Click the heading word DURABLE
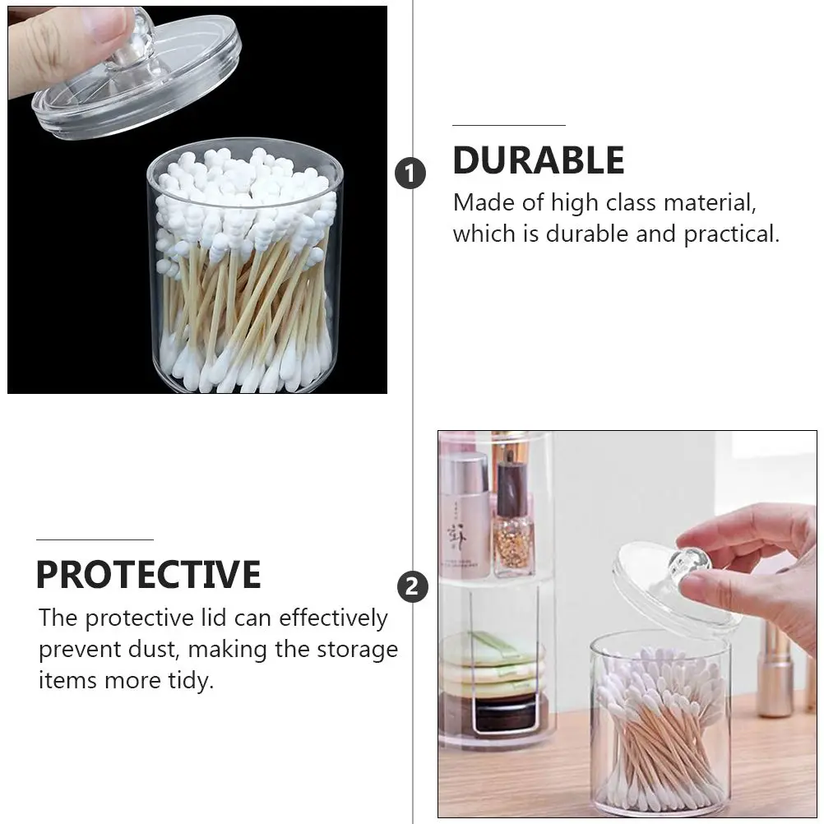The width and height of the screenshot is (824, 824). (x=538, y=160)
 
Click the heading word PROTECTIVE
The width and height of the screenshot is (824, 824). (x=148, y=574)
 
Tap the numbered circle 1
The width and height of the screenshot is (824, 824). (x=410, y=174)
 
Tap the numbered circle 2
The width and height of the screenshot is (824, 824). (x=413, y=586)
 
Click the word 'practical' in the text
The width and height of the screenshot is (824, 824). (x=732, y=234)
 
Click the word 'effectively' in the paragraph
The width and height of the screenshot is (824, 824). (x=333, y=618)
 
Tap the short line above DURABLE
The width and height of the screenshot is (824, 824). (x=509, y=125)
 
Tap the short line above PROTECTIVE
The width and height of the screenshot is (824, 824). (x=95, y=539)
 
